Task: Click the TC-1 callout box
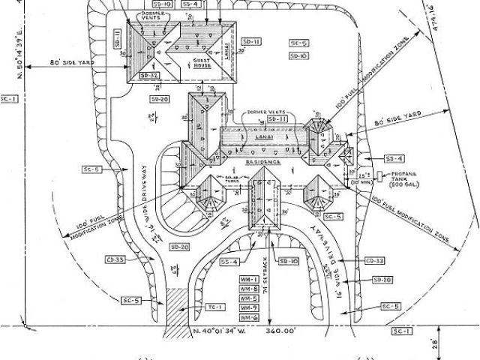point(214,307)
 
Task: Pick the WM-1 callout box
point(249,279)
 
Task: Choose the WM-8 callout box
point(249,289)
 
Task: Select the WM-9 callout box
point(249,308)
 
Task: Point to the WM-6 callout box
point(249,318)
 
